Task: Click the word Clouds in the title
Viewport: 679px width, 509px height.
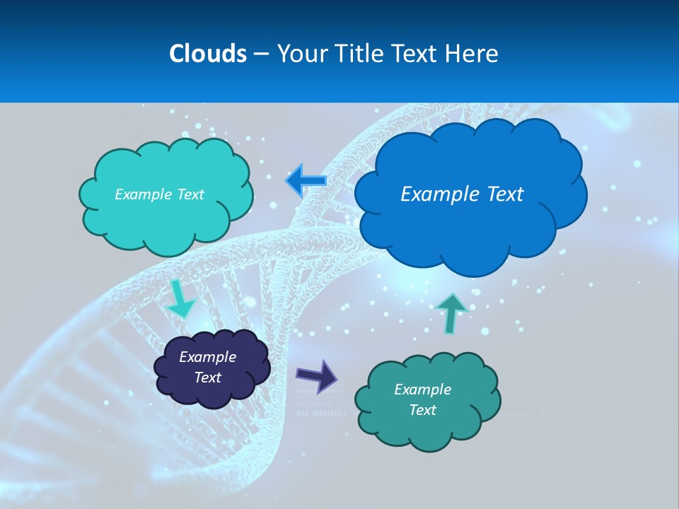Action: point(208,54)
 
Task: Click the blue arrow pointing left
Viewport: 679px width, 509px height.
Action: point(306,180)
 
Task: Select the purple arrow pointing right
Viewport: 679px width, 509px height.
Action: point(317,375)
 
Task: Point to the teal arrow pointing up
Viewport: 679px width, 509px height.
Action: point(451,312)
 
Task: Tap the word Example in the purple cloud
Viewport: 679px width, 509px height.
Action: point(207,357)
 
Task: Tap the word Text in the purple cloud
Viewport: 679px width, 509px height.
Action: point(207,378)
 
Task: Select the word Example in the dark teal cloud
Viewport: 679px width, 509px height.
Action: point(422,390)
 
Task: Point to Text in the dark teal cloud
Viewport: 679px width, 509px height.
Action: point(422,410)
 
